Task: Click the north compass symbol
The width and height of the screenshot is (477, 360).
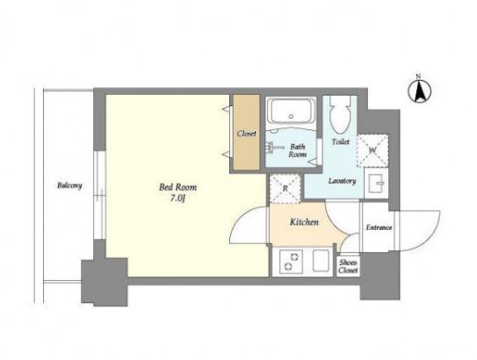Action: point(420,90)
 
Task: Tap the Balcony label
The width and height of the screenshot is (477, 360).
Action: point(69,185)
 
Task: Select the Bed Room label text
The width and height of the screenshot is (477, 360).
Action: point(178,187)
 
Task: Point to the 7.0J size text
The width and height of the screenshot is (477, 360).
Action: point(177,198)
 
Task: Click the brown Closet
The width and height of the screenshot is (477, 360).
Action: point(247,133)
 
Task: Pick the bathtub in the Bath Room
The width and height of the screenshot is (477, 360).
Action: point(291,111)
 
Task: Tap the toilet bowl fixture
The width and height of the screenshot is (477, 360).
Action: point(340,116)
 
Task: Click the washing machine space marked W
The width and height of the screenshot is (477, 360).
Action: point(372,150)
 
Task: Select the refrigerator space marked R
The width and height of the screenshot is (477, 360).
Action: point(285,189)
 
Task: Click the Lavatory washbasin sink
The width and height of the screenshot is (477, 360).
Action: point(376,183)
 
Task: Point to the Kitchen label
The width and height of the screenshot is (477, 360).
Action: point(304,222)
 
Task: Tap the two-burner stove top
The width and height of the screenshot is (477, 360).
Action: point(291,262)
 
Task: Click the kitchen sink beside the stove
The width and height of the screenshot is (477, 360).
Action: point(321,261)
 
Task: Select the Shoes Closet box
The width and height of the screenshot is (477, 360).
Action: point(349,266)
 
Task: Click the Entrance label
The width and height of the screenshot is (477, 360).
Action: point(379,227)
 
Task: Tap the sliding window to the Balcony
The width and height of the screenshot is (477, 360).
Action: point(99,195)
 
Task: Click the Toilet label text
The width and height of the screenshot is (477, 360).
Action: point(341,141)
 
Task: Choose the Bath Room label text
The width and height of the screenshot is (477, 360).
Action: point(298,150)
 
